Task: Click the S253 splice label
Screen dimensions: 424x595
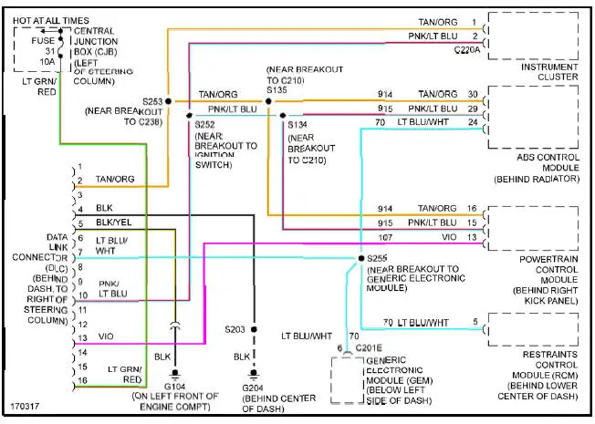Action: [152, 101]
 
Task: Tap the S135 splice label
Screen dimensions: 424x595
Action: [278, 90]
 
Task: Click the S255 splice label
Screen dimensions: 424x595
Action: [378, 259]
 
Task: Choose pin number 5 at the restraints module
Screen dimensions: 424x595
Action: [475, 322]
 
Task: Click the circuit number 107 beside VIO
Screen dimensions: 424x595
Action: [388, 237]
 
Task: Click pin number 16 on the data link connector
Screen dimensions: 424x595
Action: [81, 379]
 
